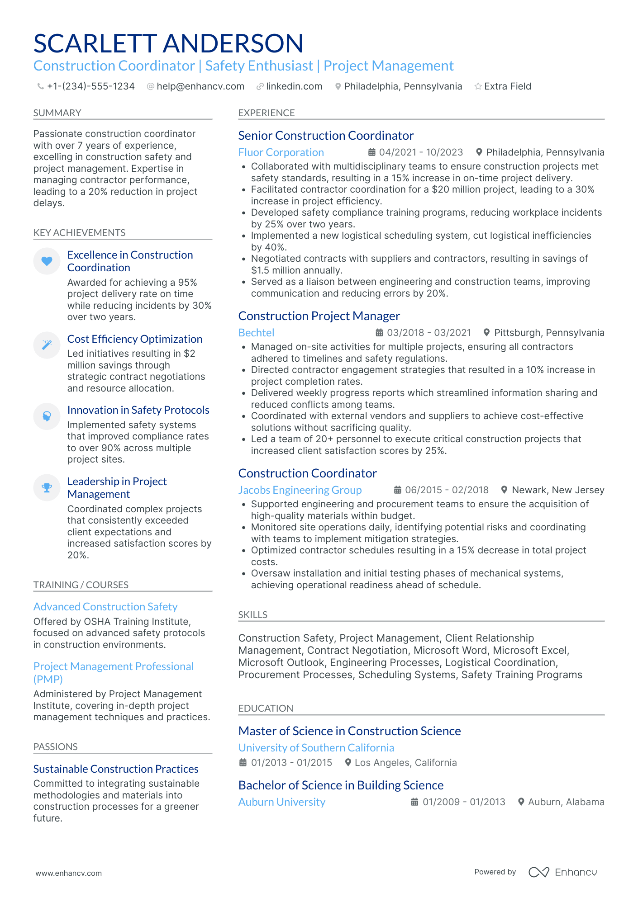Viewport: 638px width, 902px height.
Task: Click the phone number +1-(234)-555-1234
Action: [90, 86]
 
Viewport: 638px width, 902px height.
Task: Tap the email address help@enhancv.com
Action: [200, 86]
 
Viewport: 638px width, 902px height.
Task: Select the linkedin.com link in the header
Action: [294, 86]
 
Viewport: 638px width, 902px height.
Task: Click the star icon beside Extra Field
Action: [478, 86]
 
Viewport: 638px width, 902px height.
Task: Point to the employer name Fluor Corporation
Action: [281, 152]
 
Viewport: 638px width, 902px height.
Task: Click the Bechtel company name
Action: [256, 333]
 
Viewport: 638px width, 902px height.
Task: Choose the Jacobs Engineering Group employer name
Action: [300, 490]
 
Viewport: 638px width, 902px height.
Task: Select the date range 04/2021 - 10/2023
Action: [421, 152]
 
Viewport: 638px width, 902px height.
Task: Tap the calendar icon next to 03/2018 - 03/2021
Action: [379, 333]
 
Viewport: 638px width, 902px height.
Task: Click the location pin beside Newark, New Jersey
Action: [504, 490]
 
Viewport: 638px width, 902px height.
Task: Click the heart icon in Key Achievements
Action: [47, 261]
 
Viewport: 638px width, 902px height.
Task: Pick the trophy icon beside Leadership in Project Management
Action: [47, 487]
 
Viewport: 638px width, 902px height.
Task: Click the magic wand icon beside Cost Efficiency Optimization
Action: [47, 345]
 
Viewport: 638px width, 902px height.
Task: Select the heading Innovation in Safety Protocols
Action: [138, 410]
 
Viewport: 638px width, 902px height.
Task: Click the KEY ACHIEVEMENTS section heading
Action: [79, 233]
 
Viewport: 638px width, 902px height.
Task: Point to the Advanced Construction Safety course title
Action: [105, 607]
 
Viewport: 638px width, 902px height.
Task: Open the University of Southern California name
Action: [316, 748]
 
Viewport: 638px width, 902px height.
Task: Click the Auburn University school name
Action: [281, 802]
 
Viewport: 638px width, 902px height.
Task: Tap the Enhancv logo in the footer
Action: [562, 872]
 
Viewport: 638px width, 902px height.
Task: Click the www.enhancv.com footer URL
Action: [69, 873]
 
